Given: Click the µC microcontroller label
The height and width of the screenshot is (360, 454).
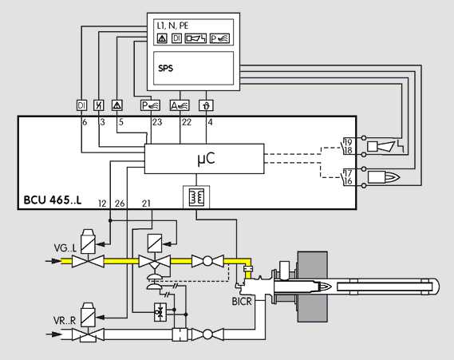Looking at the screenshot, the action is point(206,158).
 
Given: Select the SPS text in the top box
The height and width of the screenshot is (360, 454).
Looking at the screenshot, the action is point(166,69).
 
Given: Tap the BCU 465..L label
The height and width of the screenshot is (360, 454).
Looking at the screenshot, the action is point(53,200).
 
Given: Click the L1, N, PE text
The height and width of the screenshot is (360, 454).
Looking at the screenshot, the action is point(172,26).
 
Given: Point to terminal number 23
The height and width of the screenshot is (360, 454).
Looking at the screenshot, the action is point(157,122).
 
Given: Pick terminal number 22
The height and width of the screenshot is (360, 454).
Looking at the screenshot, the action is point(187,122).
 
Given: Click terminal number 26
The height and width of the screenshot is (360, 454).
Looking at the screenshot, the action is point(120,204).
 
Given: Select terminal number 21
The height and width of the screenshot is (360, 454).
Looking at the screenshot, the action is point(146,204).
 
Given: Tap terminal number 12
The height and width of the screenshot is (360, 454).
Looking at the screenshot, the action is point(102,204).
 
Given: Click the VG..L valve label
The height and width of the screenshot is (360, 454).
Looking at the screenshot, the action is point(65,248).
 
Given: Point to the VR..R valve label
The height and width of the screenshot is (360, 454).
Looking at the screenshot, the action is point(65,321).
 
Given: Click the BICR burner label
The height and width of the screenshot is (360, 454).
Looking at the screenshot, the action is point(242,302).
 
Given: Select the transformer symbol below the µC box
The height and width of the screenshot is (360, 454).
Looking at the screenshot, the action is point(196,197).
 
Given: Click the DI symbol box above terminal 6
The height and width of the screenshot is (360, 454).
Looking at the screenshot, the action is point(81,105).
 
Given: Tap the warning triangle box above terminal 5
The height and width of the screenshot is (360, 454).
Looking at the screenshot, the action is point(117,105).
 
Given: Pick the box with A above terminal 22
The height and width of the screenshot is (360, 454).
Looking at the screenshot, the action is point(180,105).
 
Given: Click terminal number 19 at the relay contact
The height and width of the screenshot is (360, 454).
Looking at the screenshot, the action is point(349,142).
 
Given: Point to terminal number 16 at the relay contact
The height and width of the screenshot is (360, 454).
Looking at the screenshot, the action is point(349,181).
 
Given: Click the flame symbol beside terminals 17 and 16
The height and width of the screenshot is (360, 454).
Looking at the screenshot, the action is point(384,177).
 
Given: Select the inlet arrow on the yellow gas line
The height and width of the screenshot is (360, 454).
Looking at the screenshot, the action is point(53,261).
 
